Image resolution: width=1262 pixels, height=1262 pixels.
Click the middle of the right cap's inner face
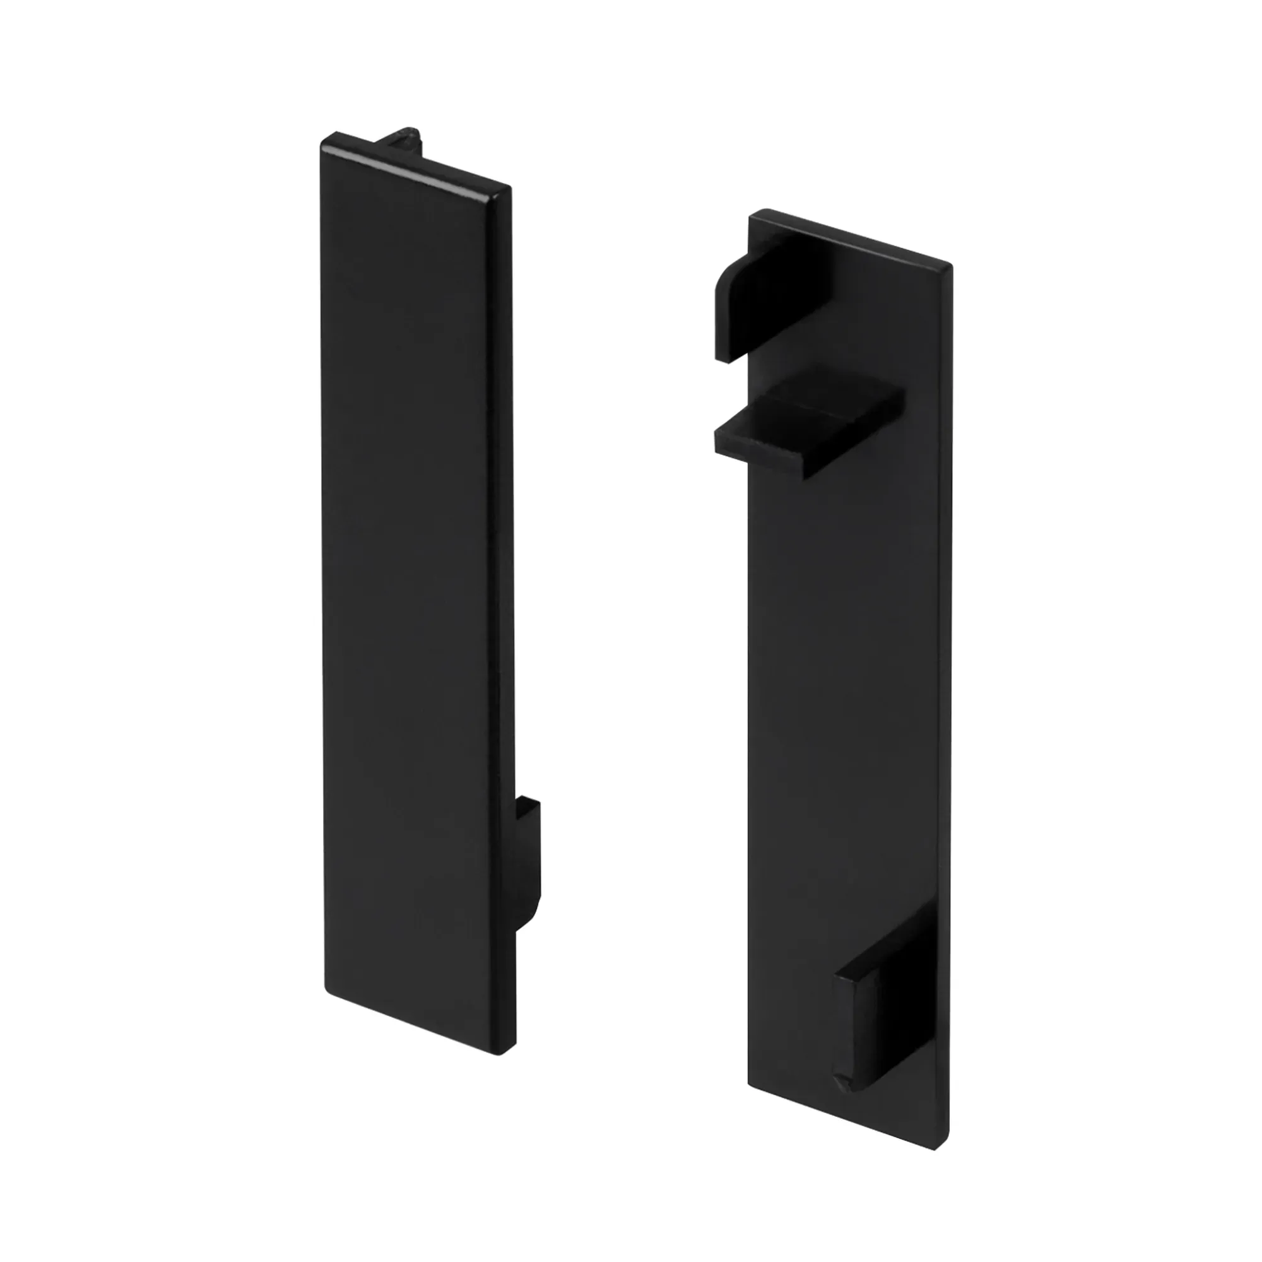(849, 686)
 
